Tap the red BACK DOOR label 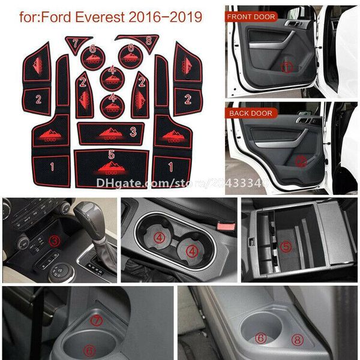pyautogui.click(x=249, y=113)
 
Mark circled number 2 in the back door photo pyautogui.click(x=301, y=161)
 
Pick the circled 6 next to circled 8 pyautogui.click(x=260, y=338)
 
